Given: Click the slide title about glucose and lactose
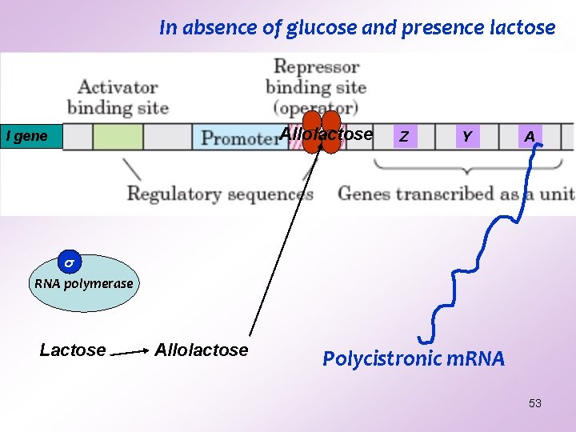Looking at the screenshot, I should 357,27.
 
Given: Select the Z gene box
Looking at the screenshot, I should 404,137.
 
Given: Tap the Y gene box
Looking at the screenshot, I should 466,137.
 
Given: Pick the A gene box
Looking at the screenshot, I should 529,137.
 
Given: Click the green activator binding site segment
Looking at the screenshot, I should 118,137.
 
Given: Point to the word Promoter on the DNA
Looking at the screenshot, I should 238,138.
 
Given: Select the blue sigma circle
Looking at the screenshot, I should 70,262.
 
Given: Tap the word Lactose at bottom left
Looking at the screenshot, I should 73,350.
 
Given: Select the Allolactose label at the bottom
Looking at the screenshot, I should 202,350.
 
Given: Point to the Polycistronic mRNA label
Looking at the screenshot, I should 414,358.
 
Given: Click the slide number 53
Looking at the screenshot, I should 535,403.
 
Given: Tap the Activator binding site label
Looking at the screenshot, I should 118,97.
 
